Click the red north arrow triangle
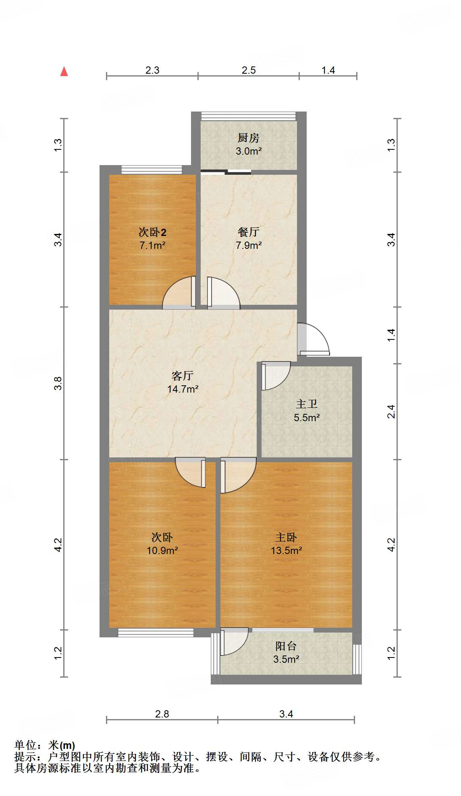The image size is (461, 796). click(x=64, y=72)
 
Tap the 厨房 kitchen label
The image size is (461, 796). click(x=248, y=138)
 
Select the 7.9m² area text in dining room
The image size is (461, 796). click(x=249, y=245)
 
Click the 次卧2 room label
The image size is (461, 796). click(x=152, y=232)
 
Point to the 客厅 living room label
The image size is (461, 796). click(x=183, y=376)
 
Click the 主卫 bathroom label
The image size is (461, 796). click(x=306, y=404)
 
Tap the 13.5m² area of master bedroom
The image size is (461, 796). click(x=286, y=550)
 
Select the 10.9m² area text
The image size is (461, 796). click(x=162, y=550)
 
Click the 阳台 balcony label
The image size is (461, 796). click(x=286, y=646)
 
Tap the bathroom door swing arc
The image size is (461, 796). click(x=276, y=375)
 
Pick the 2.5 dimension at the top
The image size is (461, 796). click(x=249, y=70)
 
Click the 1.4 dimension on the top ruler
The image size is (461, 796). click(x=328, y=70)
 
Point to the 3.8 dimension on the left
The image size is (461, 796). click(x=58, y=383)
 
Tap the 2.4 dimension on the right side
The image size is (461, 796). click(x=391, y=411)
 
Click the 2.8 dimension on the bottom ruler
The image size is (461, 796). click(x=162, y=714)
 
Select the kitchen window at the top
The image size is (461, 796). click(x=249, y=116)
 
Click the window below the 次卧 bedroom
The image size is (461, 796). click(x=156, y=633)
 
